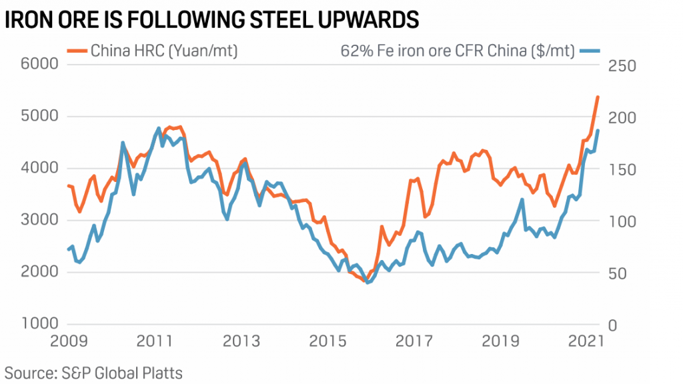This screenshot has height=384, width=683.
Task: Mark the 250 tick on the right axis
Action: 621,65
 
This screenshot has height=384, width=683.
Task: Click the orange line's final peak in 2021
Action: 598,97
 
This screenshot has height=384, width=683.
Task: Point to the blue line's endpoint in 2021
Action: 598,131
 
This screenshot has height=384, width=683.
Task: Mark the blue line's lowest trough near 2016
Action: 368,283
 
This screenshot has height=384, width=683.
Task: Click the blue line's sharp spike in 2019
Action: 522,199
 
